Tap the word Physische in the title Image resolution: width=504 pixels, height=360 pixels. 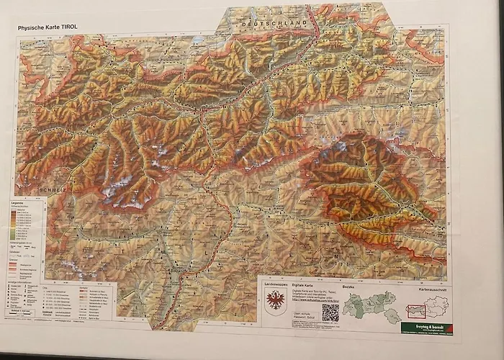tap(32, 28)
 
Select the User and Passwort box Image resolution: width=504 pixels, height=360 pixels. tap(300, 315)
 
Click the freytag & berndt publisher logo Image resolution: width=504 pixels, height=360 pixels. tap(428, 327)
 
